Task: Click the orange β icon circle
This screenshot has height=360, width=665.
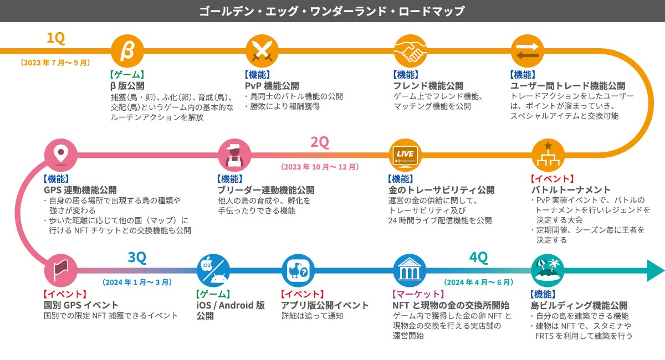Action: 127,51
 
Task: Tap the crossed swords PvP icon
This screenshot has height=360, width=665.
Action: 261,51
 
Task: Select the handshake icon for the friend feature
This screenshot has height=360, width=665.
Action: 410,51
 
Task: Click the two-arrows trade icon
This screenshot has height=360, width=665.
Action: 527,51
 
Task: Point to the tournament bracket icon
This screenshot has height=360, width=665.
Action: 548,155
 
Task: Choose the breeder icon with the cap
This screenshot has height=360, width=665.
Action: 234,155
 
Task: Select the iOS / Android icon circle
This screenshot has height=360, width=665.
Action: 213,271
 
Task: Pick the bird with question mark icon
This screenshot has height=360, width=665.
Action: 298,271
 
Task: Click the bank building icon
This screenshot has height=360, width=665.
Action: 410,271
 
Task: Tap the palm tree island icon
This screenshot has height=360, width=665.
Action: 548,271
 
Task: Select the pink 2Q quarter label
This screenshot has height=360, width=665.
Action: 319,142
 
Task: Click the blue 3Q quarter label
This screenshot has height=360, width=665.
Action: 136,258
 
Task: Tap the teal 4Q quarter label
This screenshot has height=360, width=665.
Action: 478,258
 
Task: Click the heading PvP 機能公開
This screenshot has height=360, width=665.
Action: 272,86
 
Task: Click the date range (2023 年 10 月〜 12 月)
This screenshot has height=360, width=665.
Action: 320,167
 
